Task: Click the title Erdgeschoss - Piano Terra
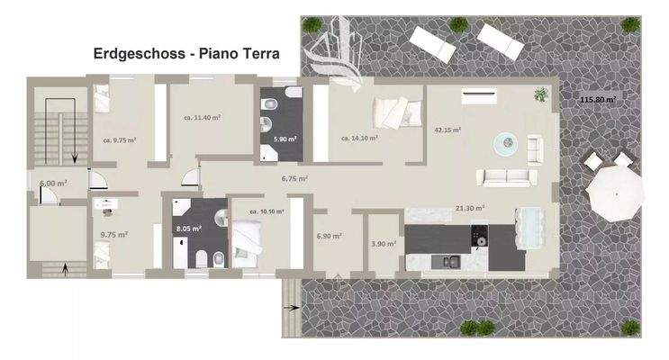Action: [186, 54]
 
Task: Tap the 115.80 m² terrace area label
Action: [597, 100]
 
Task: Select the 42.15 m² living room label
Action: [448, 130]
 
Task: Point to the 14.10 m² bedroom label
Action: [358, 139]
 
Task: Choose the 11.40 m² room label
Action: [203, 117]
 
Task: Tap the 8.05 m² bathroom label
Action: [188, 229]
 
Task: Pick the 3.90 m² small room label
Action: [384, 244]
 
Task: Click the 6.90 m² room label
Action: [329, 236]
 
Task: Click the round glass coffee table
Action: [504, 141]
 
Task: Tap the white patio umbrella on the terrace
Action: [616, 193]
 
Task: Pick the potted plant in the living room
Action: [541, 94]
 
